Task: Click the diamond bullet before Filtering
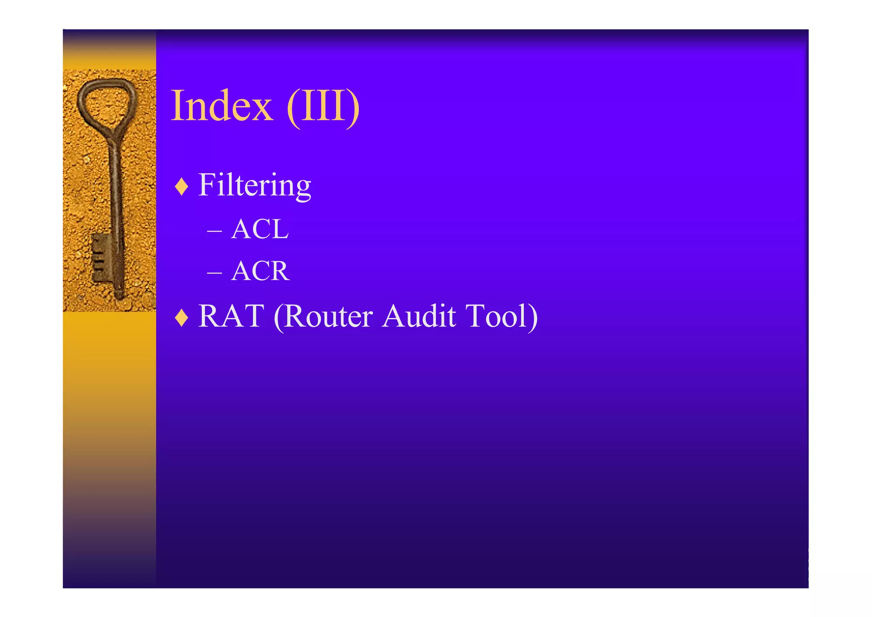182,186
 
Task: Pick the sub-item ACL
260,229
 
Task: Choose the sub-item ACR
260,271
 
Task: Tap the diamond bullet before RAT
182,317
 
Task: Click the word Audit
419,316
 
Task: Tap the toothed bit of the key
101,257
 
